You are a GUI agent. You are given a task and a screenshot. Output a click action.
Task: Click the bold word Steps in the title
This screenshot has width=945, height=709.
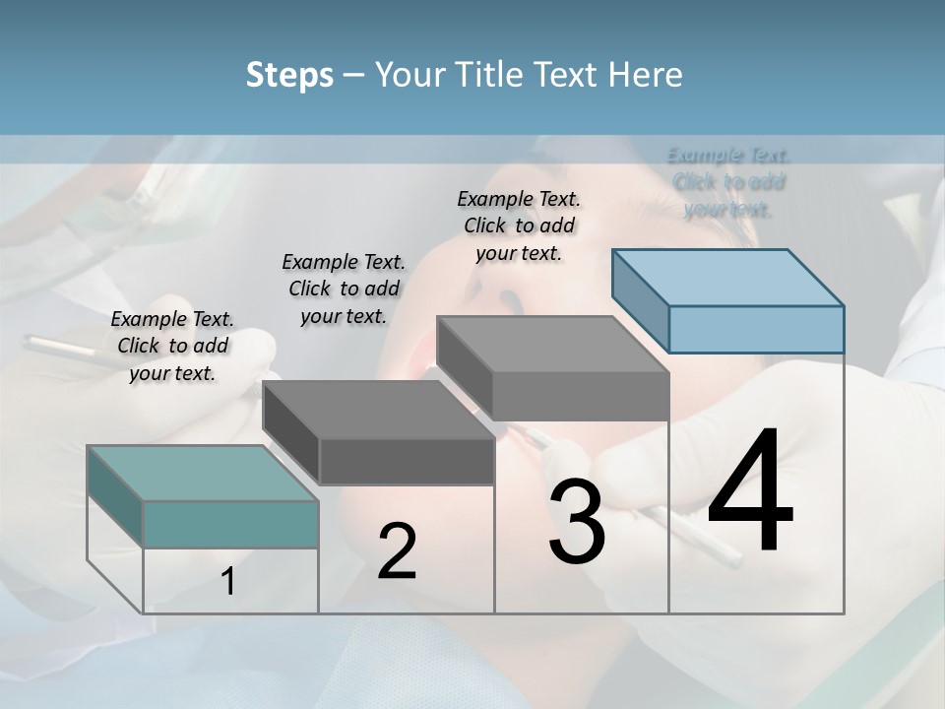point(289,75)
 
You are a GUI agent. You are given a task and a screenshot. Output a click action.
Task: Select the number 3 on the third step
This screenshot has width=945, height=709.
point(577,522)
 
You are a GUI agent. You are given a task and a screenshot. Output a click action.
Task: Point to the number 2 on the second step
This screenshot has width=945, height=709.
point(397,550)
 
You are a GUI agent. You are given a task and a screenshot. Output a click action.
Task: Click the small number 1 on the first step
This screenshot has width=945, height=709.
point(227,582)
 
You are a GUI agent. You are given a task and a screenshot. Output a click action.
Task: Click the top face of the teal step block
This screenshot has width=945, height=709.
point(203,473)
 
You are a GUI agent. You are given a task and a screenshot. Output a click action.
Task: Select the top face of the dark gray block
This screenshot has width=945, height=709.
point(378,409)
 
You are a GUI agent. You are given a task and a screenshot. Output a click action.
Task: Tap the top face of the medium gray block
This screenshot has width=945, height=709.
point(552,345)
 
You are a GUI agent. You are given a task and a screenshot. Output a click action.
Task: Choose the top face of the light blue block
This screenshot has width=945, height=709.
point(727,277)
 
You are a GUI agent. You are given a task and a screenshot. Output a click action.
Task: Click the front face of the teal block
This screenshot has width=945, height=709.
point(230,524)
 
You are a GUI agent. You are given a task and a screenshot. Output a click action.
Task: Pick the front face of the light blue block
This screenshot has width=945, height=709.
point(756,329)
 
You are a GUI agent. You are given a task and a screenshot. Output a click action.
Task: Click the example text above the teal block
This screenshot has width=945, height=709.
point(172,346)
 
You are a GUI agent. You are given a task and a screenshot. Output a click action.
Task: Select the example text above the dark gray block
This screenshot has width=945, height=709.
point(344,289)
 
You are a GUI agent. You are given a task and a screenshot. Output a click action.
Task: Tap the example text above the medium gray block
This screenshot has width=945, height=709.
point(519,226)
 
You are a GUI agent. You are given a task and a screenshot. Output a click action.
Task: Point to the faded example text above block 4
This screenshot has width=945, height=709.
point(728,181)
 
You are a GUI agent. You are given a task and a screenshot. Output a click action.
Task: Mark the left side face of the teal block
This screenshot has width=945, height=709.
point(115,495)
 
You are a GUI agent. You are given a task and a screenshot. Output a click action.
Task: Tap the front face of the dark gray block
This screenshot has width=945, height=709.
point(407,461)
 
